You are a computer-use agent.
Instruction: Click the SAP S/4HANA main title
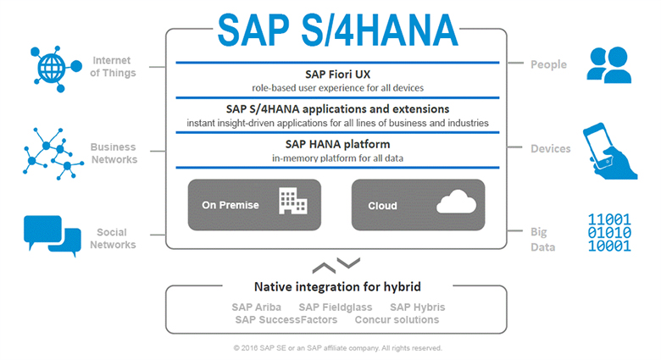[x=337, y=30]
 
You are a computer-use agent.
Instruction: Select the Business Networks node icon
[x=53, y=154]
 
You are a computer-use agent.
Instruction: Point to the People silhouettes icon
[x=609, y=65]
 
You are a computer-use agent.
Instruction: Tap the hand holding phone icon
[x=610, y=151]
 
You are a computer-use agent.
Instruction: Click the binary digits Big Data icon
[x=609, y=232]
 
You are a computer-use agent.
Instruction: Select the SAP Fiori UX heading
[x=337, y=75]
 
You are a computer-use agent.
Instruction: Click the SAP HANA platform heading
[x=337, y=145]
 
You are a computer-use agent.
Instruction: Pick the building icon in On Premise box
[x=293, y=201]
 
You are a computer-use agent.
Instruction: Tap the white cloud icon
[x=457, y=202]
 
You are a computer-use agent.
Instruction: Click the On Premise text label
[x=231, y=205]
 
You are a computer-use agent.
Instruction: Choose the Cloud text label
[x=382, y=206]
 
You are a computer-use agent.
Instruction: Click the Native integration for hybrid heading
[x=337, y=287]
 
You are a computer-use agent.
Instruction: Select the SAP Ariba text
[x=256, y=307]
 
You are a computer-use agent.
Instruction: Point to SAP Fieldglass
[x=336, y=307]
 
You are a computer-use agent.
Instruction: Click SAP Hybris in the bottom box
[x=417, y=307]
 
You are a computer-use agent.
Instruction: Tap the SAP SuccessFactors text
[x=286, y=320]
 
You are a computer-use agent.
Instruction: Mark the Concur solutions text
[x=397, y=320]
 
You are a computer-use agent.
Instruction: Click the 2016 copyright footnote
[x=337, y=348]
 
